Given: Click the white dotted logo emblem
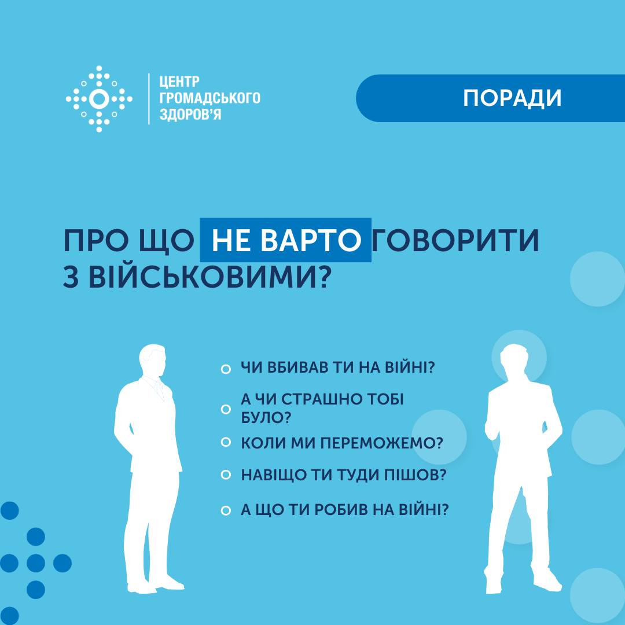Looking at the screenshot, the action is [x=99, y=99].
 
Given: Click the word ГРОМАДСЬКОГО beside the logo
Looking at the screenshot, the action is [x=209, y=98].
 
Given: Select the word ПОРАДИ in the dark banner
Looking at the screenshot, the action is [x=512, y=98].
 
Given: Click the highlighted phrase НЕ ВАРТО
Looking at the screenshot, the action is [x=285, y=240].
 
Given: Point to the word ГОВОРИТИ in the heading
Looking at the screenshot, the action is [x=455, y=240].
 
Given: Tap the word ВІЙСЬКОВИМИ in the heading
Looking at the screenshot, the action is [x=210, y=276].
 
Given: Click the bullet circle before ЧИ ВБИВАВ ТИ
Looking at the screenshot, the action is [x=226, y=369].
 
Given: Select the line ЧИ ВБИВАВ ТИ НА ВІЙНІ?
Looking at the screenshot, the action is [x=337, y=367].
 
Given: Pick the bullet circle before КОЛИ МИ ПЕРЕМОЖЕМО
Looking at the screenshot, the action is [x=226, y=442].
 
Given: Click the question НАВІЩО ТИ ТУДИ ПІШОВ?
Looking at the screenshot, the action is [x=343, y=475].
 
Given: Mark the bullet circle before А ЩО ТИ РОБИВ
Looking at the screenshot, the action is [x=226, y=510].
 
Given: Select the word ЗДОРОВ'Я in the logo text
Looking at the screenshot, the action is [x=190, y=115].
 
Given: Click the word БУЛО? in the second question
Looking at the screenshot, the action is [x=266, y=418].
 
